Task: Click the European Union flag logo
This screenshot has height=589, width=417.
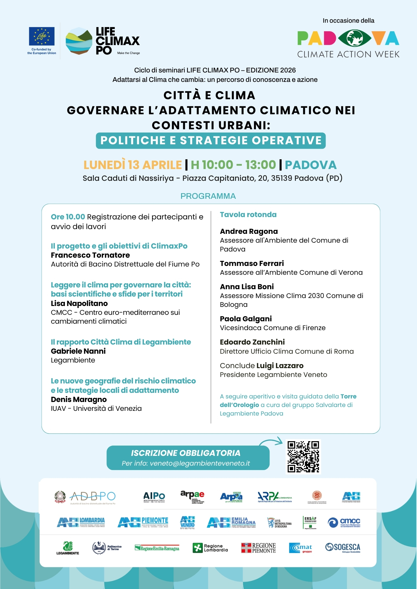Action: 42,37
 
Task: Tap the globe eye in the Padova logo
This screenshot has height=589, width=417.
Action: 354,38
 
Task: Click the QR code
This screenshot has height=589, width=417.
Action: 303,456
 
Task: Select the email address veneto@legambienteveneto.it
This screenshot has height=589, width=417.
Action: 200,463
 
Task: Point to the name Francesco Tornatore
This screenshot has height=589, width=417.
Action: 90,255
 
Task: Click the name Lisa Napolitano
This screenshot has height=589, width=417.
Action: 79,303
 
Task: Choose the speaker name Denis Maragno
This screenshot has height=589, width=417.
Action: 79,399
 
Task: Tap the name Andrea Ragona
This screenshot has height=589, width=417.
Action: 249,231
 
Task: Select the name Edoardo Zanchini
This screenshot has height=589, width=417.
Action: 252,342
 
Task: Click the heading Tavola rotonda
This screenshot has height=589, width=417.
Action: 248,215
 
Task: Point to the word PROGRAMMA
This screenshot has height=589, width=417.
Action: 208,196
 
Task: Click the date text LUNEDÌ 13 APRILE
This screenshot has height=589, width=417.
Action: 132,165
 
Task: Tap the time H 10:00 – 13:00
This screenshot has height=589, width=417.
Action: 233,165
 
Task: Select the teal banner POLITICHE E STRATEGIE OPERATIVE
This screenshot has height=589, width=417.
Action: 211,140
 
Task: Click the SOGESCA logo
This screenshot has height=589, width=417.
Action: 343,547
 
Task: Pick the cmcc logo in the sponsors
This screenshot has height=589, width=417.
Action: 344,522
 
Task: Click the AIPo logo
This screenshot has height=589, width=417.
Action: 154,497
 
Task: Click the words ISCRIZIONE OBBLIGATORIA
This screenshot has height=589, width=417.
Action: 185,453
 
